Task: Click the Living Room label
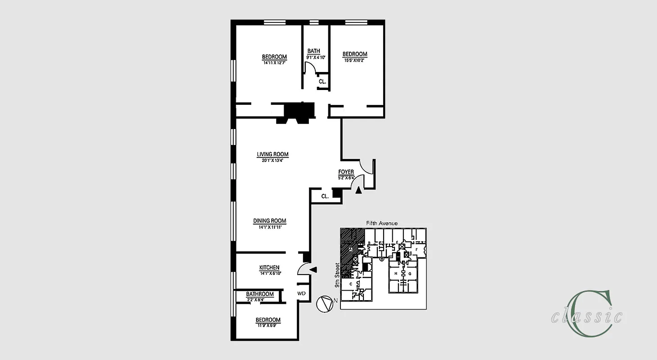tap(272, 154)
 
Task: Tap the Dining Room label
tap(269, 220)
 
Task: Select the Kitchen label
tap(269, 267)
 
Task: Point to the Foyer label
tap(346, 172)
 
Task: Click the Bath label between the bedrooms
tap(313, 51)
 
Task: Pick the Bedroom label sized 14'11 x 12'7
tap(274, 57)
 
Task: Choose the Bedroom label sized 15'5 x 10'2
tap(355, 54)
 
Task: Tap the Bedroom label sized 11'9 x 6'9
tap(268, 320)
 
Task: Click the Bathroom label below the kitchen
tap(260, 294)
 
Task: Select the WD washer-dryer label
tap(302, 293)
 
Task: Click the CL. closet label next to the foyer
tap(325, 196)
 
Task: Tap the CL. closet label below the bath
tap(322, 82)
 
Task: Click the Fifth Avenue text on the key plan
tap(382, 223)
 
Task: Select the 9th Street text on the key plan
tap(337, 276)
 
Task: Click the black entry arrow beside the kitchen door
tap(314, 270)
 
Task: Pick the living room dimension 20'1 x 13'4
tap(272, 160)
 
